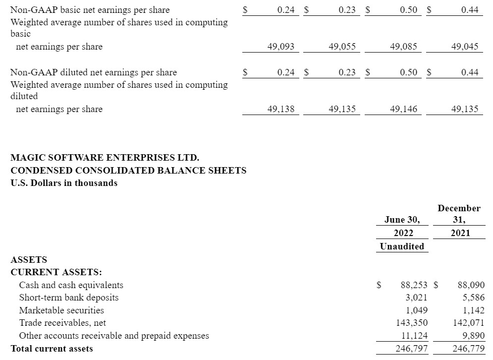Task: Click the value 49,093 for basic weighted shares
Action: [280, 47]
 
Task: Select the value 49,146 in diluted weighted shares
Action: [403, 109]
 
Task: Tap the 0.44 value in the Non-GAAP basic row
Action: [469, 9]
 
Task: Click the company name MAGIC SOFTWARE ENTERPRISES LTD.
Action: [105, 158]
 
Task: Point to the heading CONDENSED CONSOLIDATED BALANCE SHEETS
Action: [128, 170]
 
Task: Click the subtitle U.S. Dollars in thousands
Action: [64, 182]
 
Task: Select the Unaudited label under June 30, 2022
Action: [402, 246]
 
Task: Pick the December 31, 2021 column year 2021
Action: [460, 233]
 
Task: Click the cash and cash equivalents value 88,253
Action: [414, 285]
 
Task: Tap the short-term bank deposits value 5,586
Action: [473, 298]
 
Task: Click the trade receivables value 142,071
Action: [468, 323]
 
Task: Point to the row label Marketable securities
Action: [61, 310]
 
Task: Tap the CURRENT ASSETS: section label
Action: [56, 272]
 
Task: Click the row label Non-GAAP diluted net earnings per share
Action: [94, 72]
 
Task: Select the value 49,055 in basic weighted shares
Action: [342, 47]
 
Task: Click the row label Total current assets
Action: [52, 349]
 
